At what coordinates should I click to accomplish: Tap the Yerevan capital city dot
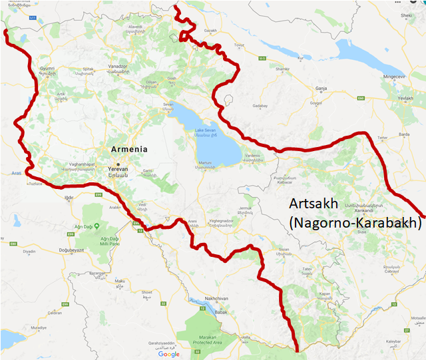click(118, 164)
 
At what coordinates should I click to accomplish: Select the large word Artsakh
click(317, 204)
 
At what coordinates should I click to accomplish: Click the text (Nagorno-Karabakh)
click(356, 223)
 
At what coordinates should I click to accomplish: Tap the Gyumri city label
click(47, 69)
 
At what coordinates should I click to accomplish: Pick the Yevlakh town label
click(405, 97)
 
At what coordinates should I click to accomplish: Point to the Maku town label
click(120, 281)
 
